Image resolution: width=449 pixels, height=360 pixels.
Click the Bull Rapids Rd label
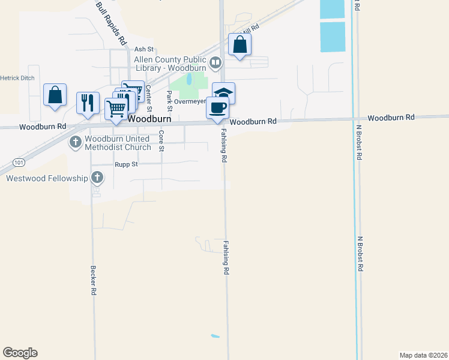click(x=112, y=23)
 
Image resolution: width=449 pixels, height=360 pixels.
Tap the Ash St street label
click(x=144, y=49)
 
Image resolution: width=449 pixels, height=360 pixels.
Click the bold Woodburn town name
click(x=150, y=119)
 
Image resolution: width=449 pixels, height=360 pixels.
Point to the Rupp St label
click(x=126, y=164)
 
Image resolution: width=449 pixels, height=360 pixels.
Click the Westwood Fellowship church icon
click(x=97, y=178)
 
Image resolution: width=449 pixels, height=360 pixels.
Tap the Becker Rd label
click(x=94, y=280)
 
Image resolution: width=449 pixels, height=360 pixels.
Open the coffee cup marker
click(x=217, y=108)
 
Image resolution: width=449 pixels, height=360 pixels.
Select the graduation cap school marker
click(x=223, y=94)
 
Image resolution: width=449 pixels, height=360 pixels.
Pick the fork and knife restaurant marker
click(x=88, y=102)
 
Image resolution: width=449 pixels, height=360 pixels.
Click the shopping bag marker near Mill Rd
click(x=240, y=44)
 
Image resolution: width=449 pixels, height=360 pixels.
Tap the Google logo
click(x=20, y=353)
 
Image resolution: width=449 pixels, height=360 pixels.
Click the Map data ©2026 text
click(x=423, y=355)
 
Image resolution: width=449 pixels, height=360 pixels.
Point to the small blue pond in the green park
click(x=190, y=79)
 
